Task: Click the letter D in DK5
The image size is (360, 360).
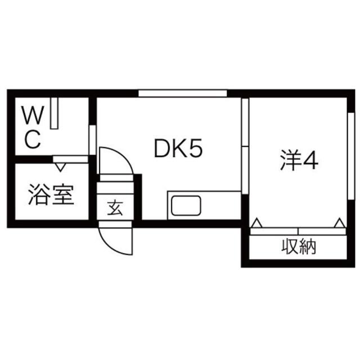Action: coord(163,149)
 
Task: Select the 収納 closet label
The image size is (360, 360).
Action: coord(298,247)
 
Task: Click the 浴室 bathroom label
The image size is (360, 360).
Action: coord(50,195)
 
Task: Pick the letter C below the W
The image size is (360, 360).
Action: coord(33,139)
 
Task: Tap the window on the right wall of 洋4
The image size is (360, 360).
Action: coord(352,157)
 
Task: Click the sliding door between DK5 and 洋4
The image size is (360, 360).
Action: coord(245,146)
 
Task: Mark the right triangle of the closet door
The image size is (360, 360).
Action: coord(340,223)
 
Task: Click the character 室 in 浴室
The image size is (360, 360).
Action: coord(62,195)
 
